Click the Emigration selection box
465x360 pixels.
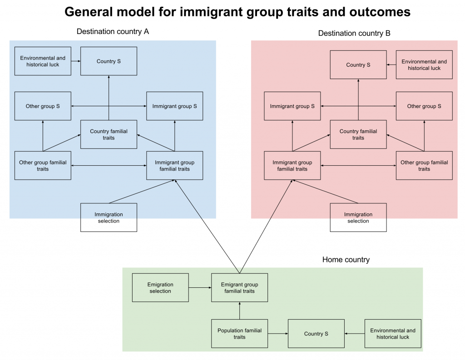pos(160,287)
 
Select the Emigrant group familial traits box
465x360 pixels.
pos(239,287)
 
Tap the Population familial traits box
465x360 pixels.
pos(239,334)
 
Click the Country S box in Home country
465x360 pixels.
pos(316,334)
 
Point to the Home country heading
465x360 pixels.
pos(346,260)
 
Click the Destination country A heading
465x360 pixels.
pos(113,32)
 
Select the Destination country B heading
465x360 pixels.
pos(354,33)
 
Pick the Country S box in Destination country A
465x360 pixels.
pos(109,61)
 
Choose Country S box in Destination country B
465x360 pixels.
pos(358,64)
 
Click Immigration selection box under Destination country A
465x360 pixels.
pos(109,217)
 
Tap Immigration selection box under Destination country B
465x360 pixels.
pos(358,217)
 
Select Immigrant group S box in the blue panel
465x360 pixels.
pos(174,106)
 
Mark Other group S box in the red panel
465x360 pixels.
pos(424,106)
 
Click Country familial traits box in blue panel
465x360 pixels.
pos(109,134)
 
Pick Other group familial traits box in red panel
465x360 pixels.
pos(424,165)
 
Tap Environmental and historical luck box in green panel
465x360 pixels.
pos(393,334)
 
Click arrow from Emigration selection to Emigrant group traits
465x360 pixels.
pos(200,287)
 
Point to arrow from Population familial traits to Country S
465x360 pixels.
pos(277,334)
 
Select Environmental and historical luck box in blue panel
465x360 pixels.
pos(43,61)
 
